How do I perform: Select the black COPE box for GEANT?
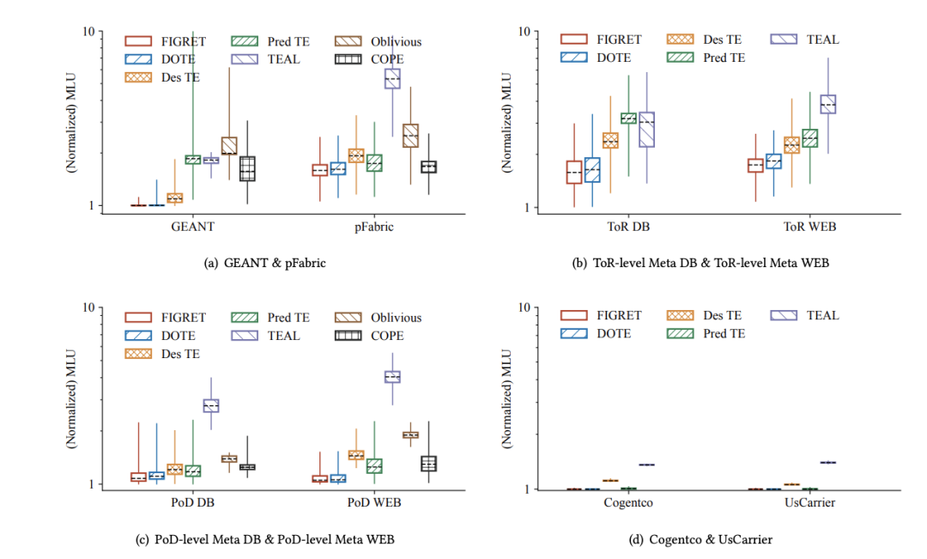(x=247, y=168)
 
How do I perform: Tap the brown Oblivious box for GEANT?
(x=228, y=145)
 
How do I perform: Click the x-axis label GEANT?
(x=192, y=228)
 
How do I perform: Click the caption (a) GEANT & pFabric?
(x=264, y=264)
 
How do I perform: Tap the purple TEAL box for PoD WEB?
(x=392, y=376)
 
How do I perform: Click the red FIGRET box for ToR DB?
(x=573, y=172)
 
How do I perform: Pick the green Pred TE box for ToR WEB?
(x=809, y=138)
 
